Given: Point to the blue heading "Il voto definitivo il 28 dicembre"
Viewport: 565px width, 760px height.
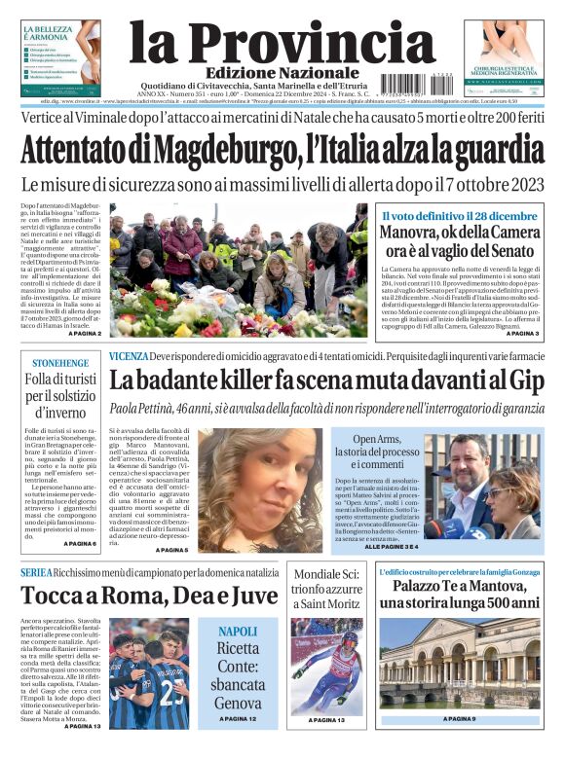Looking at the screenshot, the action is click(458, 215).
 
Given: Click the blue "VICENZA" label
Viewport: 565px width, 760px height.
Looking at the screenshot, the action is click(128, 356).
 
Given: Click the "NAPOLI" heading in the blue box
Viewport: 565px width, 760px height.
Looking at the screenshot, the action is click(238, 632).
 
